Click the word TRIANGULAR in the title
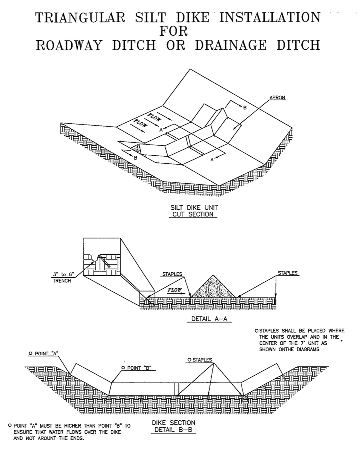point(81,17)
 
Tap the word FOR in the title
point(174,31)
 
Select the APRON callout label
point(277,98)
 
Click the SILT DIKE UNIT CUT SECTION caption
point(193,211)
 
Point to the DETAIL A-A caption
point(209,319)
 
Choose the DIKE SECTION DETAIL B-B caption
point(173,426)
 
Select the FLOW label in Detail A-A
point(175,290)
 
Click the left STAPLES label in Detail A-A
point(172,274)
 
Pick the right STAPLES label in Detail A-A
point(287,273)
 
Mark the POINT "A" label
point(43,353)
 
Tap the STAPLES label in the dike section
point(200,360)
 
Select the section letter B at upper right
point(245,108)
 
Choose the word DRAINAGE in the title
point(230,45)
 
